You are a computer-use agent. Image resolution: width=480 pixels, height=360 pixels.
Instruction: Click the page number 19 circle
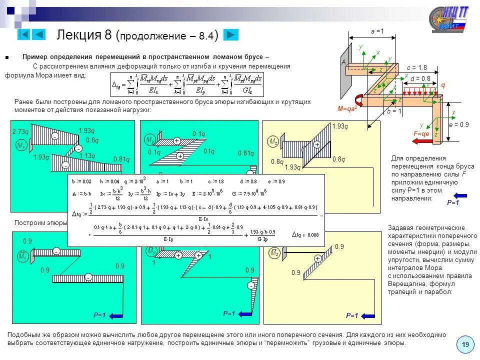tap(465, 345)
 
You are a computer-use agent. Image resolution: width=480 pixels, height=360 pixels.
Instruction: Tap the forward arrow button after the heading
tap(231, 34)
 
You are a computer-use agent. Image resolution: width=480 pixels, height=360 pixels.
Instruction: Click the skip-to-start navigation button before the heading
tap(23, 34)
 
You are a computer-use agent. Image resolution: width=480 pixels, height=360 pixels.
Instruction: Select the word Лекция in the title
tap(79, 35)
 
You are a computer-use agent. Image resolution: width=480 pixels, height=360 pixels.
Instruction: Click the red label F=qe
tap(421, 134)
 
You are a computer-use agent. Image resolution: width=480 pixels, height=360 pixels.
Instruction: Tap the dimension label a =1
tap(377, 31)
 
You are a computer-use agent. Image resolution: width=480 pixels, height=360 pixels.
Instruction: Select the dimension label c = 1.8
tap(416, 67)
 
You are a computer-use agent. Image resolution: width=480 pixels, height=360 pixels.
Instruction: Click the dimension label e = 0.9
tap(458, 124)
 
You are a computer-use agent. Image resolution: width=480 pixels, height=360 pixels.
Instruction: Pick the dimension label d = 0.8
tap(420, 78)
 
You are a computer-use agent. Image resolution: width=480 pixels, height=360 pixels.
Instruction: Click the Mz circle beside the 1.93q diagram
tap(273, 142)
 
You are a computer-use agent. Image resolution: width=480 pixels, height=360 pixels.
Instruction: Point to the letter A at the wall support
tap(343, 62)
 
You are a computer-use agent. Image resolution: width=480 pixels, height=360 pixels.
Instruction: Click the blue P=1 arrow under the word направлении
tap(459, 195)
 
